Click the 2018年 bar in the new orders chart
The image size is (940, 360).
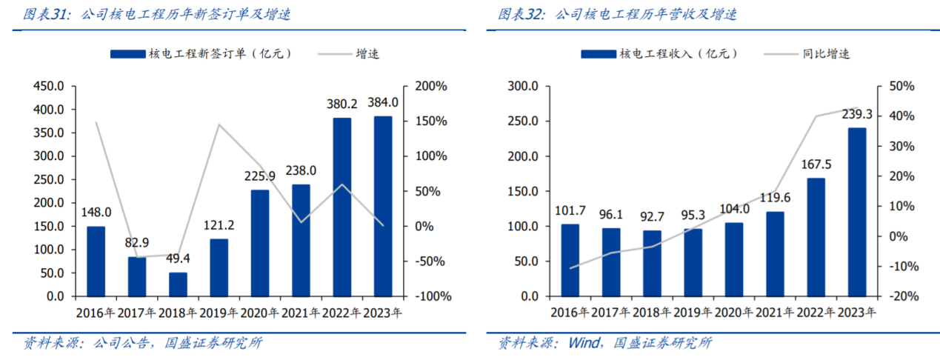tap(178, 284)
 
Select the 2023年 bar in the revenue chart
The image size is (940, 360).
tap(856, 212)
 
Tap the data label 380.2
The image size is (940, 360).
tap(342, 104)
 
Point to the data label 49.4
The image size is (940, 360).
tap(178, 259)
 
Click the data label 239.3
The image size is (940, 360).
tap(856, 114)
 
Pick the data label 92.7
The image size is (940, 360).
tap(652, 217)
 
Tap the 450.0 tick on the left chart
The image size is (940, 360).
tap(48, 87)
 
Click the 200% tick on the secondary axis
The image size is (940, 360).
tap(431, 87)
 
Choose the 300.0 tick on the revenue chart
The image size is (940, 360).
tap(523, 87)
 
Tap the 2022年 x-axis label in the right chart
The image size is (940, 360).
tap(815, 313)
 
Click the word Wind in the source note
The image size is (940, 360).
tap(581, 343)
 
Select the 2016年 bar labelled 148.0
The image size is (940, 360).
tap(96, 261)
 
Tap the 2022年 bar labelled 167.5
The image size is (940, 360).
tap(816, 237)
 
